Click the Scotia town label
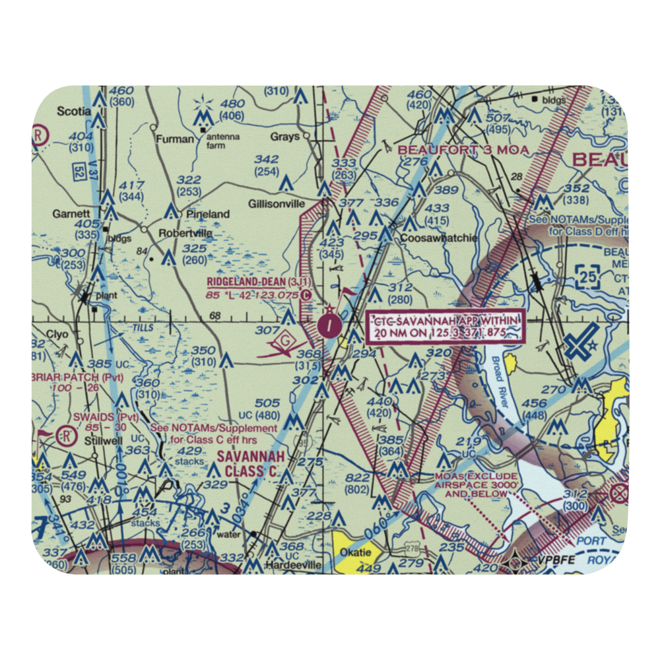(73, 112)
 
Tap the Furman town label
(175, 139)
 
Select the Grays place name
(284, 137)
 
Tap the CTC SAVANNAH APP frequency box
(446, 326)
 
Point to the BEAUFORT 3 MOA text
(463, 150)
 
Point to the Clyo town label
(57, 335)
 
